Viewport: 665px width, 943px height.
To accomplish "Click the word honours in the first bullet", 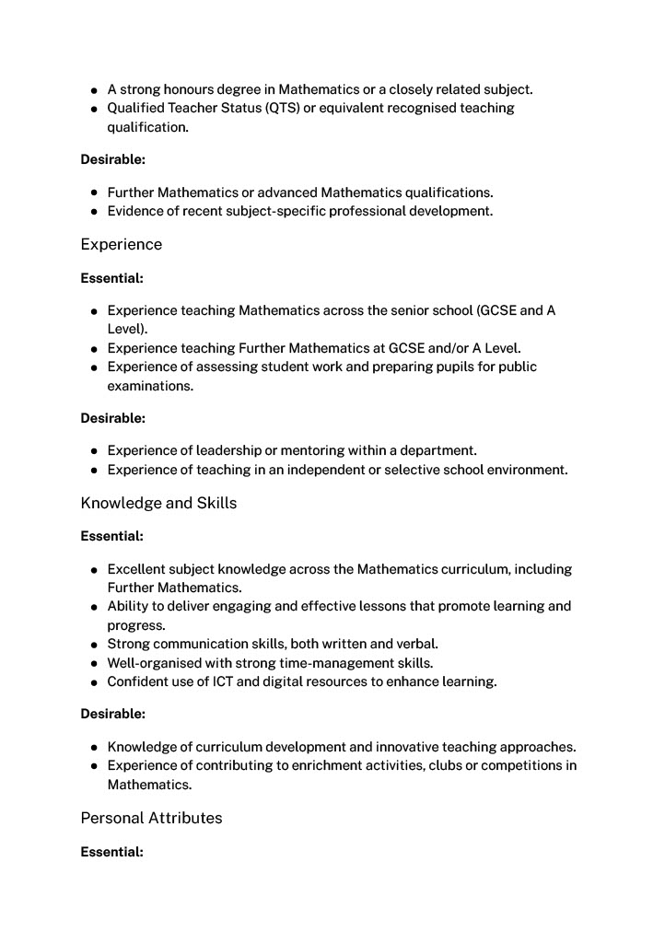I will pyautogui.click(x=186, y=89).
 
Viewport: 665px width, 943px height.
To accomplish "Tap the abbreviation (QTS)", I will pyautogui.click(x=284, y=108).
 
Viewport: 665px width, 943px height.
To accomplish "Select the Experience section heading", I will pyautogui.click(x=121, y=244).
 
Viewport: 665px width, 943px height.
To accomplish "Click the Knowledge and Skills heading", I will pyautogui.click(x=158, y=503).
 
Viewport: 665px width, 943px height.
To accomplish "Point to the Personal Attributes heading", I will pyautogui.click(x=151, y=818).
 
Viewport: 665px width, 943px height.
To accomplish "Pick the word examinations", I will pyautogui.click(x=150, y=386).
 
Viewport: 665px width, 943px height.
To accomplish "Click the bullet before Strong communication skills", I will pyautogui.click(x=95, y=645).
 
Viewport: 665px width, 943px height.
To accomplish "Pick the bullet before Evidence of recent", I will pyautogui.click(x=95, y=212).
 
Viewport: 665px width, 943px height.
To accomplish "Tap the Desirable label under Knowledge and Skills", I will pyautogui.click(x=112, y=714).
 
